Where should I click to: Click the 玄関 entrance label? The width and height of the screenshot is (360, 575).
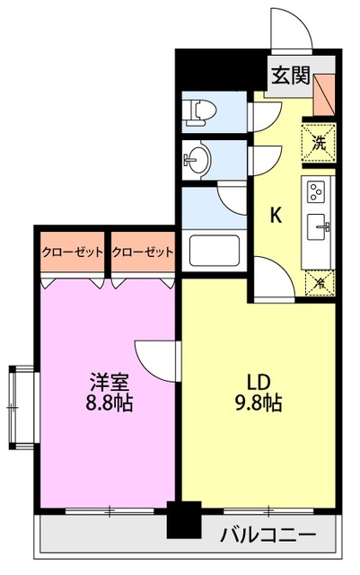pos(288,75)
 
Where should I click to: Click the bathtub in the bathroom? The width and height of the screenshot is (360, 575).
pos(214,252)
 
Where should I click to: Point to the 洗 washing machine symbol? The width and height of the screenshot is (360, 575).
pos(320,141)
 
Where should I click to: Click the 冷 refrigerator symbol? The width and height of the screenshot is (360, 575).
pos(320,284)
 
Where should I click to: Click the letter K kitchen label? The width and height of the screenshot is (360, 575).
pos(277,216)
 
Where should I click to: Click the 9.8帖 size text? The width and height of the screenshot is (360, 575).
pos(258,403)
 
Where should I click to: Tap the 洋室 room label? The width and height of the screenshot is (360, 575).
pos(109,378)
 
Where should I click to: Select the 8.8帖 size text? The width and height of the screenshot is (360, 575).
pos(109,403)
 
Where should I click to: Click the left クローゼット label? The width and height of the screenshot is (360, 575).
pos(72,252)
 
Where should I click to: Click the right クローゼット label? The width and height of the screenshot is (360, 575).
pos(142,252)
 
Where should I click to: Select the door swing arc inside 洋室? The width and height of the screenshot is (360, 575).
pos(154,355)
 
